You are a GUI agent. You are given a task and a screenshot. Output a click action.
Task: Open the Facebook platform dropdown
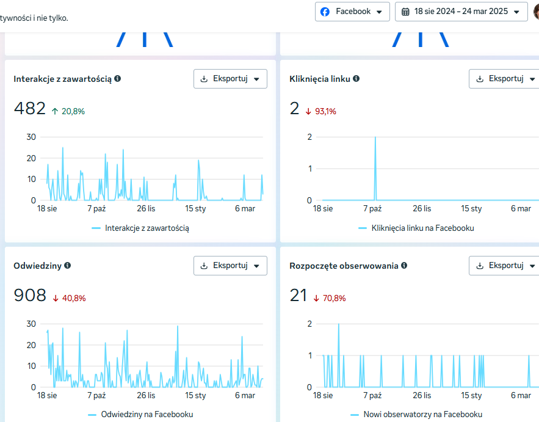point(352,12)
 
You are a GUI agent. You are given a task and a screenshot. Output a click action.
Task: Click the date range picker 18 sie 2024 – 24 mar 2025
point(461,12)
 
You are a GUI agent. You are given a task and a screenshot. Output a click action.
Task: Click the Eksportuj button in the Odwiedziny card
point(230,266)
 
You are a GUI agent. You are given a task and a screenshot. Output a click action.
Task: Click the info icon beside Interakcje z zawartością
point(118,78)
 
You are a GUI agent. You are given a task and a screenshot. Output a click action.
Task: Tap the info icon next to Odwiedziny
point(68,265)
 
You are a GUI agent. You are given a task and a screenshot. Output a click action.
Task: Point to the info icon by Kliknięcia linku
point(356,78)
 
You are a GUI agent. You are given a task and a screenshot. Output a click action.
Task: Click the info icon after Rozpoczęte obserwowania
point(404,265)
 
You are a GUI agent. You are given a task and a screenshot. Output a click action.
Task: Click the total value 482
point(29,108)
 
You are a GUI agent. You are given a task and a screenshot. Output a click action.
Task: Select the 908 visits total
point(30,295)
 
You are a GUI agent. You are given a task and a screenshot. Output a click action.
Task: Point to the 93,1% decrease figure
point(325,111)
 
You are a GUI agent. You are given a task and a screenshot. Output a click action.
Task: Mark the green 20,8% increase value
point(73,111)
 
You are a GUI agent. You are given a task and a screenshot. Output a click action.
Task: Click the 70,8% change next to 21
point(334,298)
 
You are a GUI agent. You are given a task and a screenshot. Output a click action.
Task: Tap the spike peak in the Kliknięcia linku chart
point(375,137)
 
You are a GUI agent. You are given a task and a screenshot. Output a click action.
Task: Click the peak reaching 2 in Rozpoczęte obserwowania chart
point(339,324)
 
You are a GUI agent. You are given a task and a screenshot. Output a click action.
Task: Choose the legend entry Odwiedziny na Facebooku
point(147,415)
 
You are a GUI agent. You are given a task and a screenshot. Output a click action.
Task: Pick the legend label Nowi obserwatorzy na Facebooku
point(423,415)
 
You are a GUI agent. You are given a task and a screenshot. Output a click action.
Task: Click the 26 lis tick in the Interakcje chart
point(146,208)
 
